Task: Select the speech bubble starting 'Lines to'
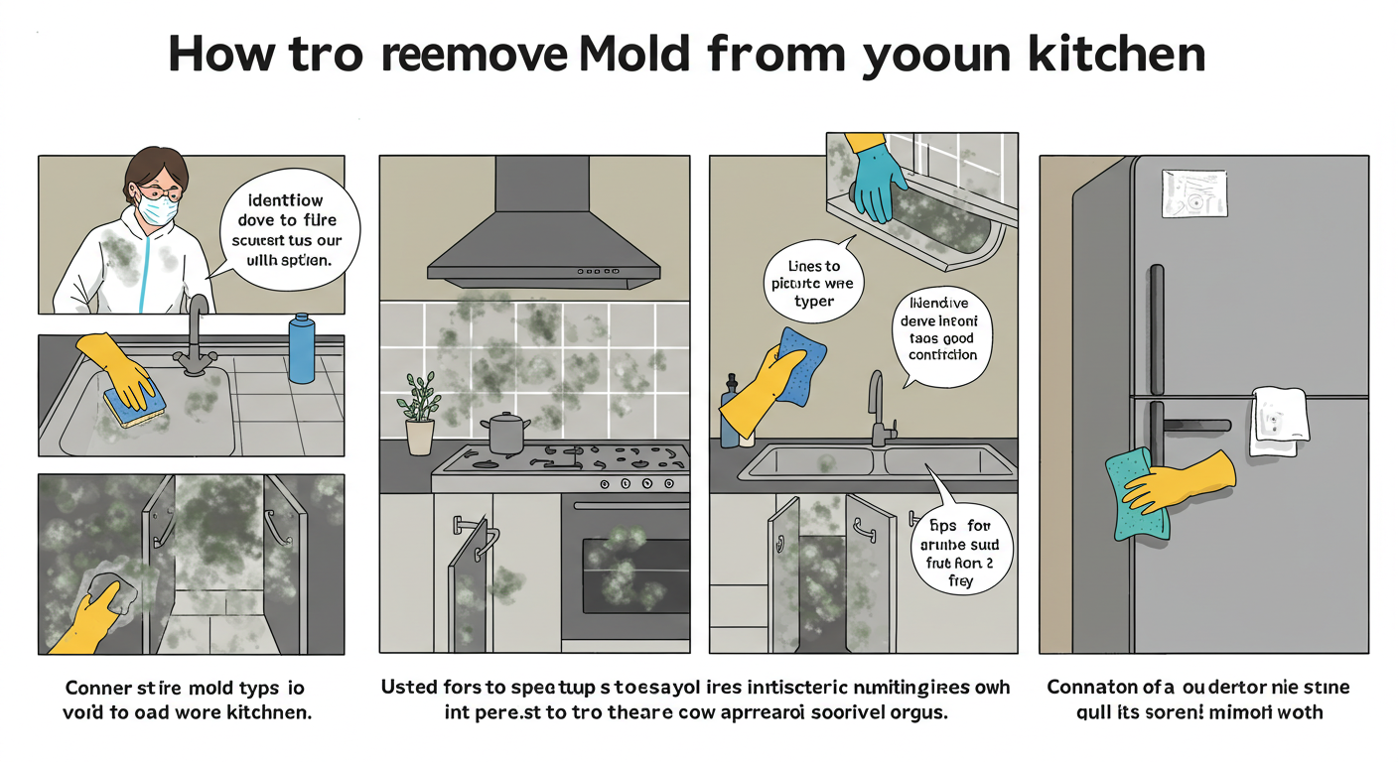813,284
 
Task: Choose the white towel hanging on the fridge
1279,421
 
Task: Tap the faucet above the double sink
878,407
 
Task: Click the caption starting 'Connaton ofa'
1199,698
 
